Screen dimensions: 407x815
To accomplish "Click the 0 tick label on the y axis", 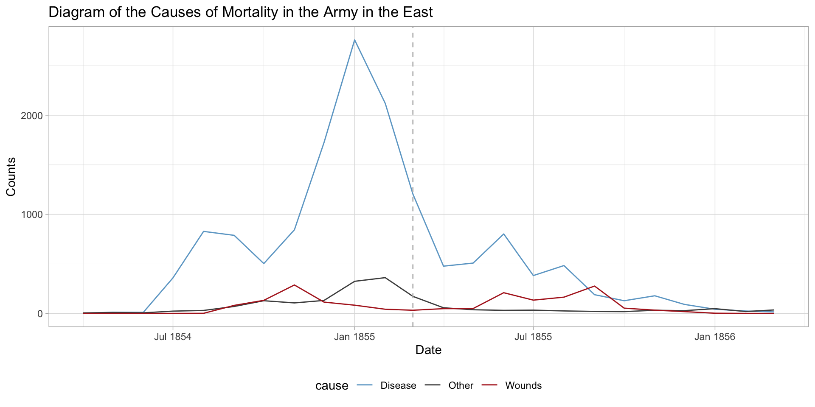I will [x=40, y=314].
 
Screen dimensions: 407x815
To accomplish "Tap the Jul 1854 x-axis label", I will [x=173, y=337].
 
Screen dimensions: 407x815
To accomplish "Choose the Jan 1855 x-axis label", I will [x=354, y=337].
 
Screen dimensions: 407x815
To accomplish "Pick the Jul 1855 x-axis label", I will [x=533, y=337].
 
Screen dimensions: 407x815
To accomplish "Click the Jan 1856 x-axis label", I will [x=715, y=337].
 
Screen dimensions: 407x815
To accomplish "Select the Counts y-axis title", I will [x=11, y=177].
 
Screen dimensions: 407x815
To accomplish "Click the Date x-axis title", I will [x=428, y=350].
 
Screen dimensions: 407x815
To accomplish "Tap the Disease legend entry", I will [x=398, y=386].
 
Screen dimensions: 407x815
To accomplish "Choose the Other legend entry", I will [x=461, y=386].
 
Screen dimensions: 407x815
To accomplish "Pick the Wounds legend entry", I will [x=523, y=386].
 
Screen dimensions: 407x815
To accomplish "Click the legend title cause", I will [x=332, y=386].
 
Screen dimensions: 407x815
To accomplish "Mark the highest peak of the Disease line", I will [x=354, y=40].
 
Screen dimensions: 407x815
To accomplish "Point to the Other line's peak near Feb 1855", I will [x=385, y=278].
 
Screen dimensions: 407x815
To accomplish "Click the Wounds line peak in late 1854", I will [x=294, y=285].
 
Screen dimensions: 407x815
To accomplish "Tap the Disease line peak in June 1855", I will [x=503, y=234].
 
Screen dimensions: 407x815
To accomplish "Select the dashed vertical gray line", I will [x=413, y=127].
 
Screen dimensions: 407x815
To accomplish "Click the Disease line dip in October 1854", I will [x=264, y=264].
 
